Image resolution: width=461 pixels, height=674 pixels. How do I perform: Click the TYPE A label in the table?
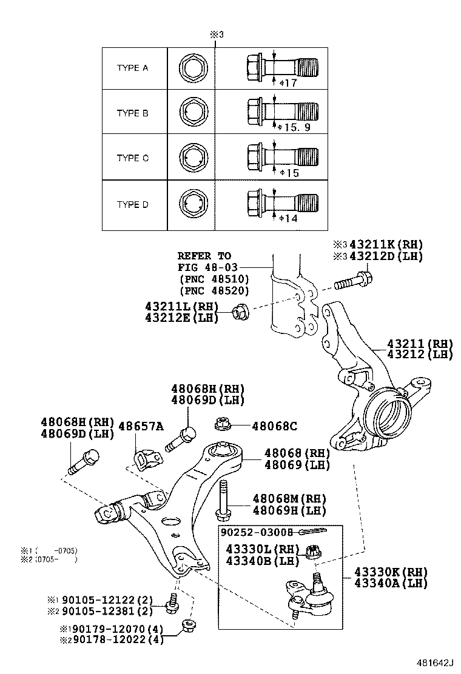132,68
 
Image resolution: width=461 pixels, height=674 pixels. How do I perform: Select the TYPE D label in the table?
132,205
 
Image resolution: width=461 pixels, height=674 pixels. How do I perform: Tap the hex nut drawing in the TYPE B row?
192,113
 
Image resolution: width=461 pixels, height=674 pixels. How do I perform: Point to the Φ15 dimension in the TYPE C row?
291,173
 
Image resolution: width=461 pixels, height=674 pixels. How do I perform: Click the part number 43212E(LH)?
181,318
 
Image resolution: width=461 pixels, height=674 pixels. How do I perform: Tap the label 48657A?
140,426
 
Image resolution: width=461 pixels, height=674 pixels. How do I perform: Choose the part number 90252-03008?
257,532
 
